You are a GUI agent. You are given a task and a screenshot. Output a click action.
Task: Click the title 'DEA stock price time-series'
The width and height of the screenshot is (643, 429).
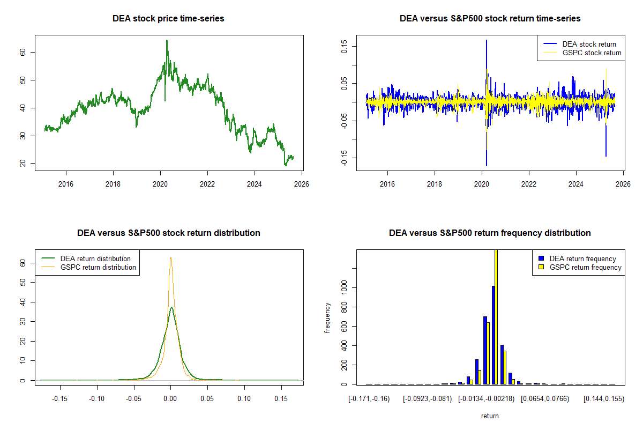(x=168, y=19)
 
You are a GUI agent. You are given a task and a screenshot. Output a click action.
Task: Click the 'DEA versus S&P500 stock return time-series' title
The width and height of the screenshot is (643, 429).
(x=490, y=19)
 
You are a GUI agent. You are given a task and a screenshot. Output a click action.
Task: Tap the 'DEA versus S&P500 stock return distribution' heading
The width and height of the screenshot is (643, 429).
(x=168, y=233)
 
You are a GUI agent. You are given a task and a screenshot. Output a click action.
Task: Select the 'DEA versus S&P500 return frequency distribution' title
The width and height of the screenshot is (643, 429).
(x=490, y=233)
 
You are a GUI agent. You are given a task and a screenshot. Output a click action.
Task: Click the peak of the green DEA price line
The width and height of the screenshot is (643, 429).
(x=167, y=40)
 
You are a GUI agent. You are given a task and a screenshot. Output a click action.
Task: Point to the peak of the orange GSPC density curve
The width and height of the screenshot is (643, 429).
(x=170, y=257)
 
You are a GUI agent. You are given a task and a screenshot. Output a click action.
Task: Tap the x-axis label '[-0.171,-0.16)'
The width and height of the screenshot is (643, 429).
(x=369, y=398)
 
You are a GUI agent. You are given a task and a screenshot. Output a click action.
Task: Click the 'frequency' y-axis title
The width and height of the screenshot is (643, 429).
(x=327, y=317)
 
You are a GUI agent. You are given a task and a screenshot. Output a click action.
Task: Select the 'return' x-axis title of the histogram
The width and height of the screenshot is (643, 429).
(x=490, y=416)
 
